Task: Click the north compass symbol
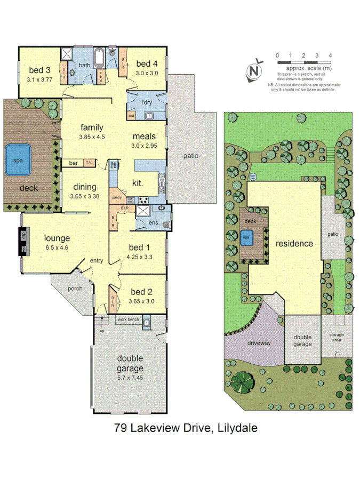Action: point(257,71)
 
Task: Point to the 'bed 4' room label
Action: point(147,65)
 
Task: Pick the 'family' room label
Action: point(92,127)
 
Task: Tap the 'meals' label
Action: point(144,137)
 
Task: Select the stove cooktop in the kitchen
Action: point(144,200)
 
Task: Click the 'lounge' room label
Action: point(57,238)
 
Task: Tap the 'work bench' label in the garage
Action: point(128,319)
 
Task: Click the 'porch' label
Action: point(75,289)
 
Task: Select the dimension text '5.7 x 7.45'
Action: point(130,378)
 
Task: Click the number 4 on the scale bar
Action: point(331,55)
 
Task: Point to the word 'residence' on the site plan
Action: point(294,244)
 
